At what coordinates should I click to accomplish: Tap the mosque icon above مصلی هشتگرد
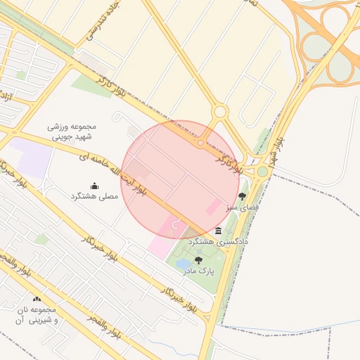point(94,186)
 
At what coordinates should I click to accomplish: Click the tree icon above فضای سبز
point(243,196)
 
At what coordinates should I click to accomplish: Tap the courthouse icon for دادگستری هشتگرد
point(219,231)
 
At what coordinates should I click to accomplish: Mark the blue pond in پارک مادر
point(183,264)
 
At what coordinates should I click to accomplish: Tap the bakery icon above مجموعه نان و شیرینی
point(37,299)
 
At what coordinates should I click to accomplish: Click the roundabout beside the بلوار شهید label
point(262,172)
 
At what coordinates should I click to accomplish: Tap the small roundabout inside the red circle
point(200,143)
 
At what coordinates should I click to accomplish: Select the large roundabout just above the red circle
point(220,112)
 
